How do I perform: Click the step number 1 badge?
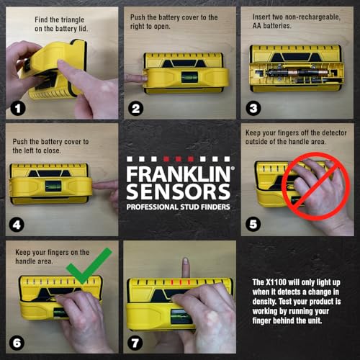point(15,109)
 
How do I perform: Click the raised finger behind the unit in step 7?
point(185,268)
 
